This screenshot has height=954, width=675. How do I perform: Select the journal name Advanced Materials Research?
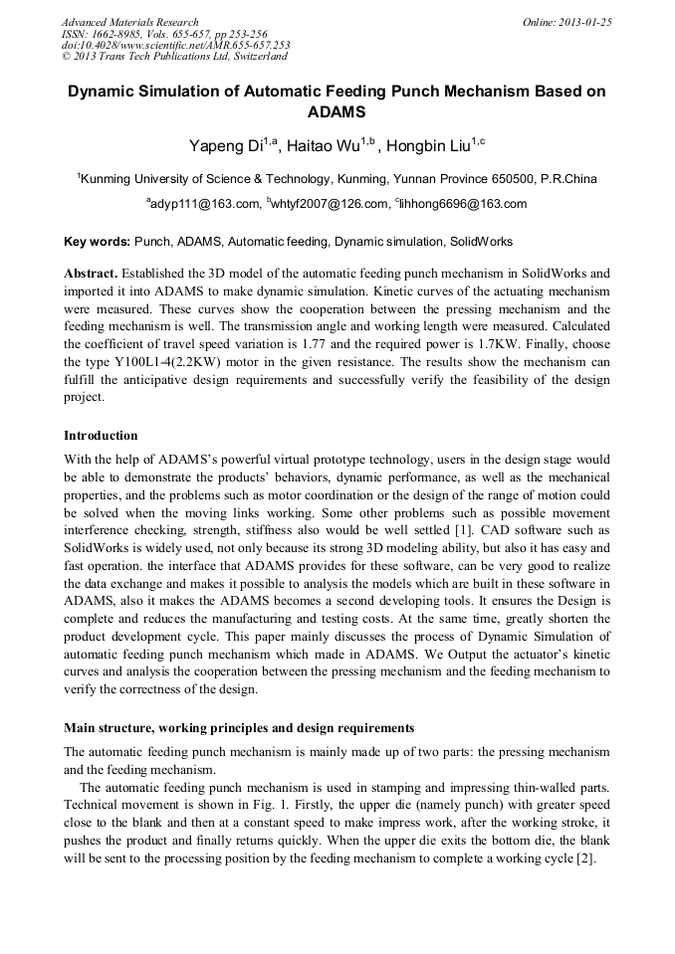(129, 22)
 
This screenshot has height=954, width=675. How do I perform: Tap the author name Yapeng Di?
(225, 147)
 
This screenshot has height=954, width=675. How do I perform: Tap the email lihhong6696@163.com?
(464, 204)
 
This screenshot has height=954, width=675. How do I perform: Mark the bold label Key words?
(97, 241)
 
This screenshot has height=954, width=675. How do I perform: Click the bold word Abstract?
(91, 273)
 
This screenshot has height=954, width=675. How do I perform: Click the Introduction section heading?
(101, 435)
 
